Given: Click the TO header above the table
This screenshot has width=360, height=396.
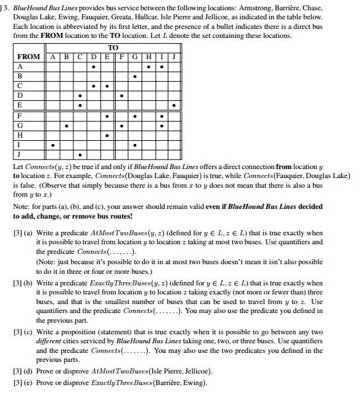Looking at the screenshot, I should click(113, 48).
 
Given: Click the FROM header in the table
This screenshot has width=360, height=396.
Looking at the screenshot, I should click(28, 57).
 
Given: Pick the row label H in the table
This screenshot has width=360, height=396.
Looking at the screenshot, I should click(19, 136).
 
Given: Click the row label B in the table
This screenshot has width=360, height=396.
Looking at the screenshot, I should click(19, 76).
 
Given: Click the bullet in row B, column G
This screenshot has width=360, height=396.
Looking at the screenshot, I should click(134, 76).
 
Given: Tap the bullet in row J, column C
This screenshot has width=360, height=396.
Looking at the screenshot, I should click(80, 155).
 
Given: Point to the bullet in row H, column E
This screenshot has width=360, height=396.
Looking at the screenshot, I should click(107, 136).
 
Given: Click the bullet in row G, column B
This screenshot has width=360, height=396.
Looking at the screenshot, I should click(66, 126).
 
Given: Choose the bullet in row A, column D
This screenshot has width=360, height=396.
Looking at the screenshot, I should click(94, 66).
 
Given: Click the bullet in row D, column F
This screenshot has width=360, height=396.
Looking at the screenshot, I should click(121, 96).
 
